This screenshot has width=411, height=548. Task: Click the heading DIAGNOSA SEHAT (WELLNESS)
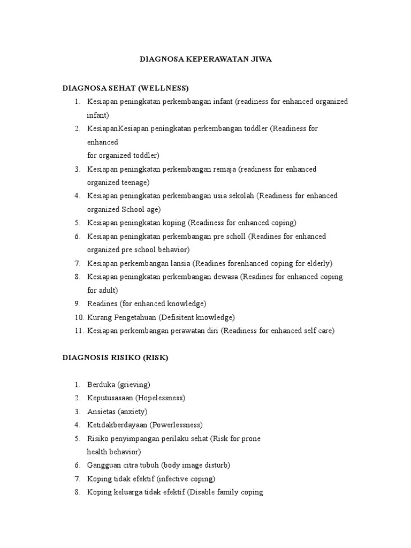(126, 88)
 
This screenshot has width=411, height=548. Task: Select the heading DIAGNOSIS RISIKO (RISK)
(115, 358)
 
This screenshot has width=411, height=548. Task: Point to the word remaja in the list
(223, 169)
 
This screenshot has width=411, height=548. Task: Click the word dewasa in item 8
(225, 277)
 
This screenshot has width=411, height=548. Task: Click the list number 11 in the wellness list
(79, 331)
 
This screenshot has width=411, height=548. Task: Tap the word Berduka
(101, 385)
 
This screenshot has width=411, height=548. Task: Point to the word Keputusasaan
(110, 398)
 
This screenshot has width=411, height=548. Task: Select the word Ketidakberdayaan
(117, 425)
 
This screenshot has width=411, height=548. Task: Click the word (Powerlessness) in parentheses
(176, 425)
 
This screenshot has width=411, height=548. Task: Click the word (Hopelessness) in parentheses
(160, 398)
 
